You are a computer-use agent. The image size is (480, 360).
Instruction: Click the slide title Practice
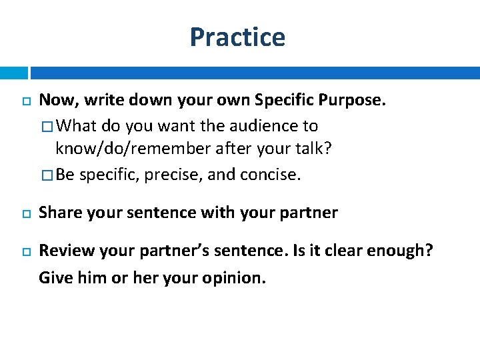coord(237,37)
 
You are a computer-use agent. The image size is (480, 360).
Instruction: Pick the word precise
coord(176,175)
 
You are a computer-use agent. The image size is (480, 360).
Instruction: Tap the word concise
coord(271,175)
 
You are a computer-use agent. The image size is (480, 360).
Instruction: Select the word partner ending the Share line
coord(312,213)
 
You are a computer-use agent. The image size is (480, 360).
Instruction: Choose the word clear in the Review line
coord(330,251)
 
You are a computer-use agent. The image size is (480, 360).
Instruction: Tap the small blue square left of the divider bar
coord(13,73)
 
